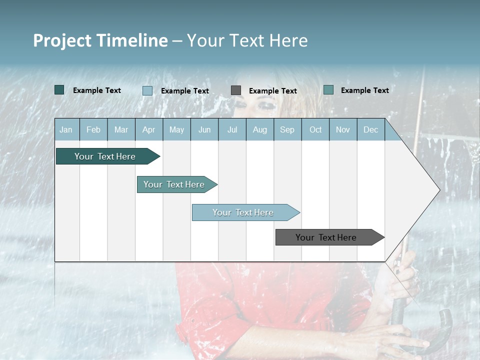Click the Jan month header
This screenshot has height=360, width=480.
(66, 130)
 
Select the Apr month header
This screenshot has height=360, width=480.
(149, 130)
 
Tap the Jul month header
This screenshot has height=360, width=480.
(232, 130)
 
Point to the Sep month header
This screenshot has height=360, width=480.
(287, 130)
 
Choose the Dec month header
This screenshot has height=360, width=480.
(370, 130)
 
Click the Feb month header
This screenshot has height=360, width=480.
(93, 130)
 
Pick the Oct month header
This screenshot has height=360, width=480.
(315, 130)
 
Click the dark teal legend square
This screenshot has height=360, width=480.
(59, 90)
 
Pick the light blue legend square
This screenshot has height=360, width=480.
(147, 90)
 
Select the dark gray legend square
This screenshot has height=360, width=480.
(236, 90)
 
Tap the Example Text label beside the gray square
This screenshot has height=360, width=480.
(273, 91)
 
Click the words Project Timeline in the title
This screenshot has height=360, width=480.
(100, 40)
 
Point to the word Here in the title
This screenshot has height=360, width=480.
(288, 40)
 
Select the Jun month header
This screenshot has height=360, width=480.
(204, 130)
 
